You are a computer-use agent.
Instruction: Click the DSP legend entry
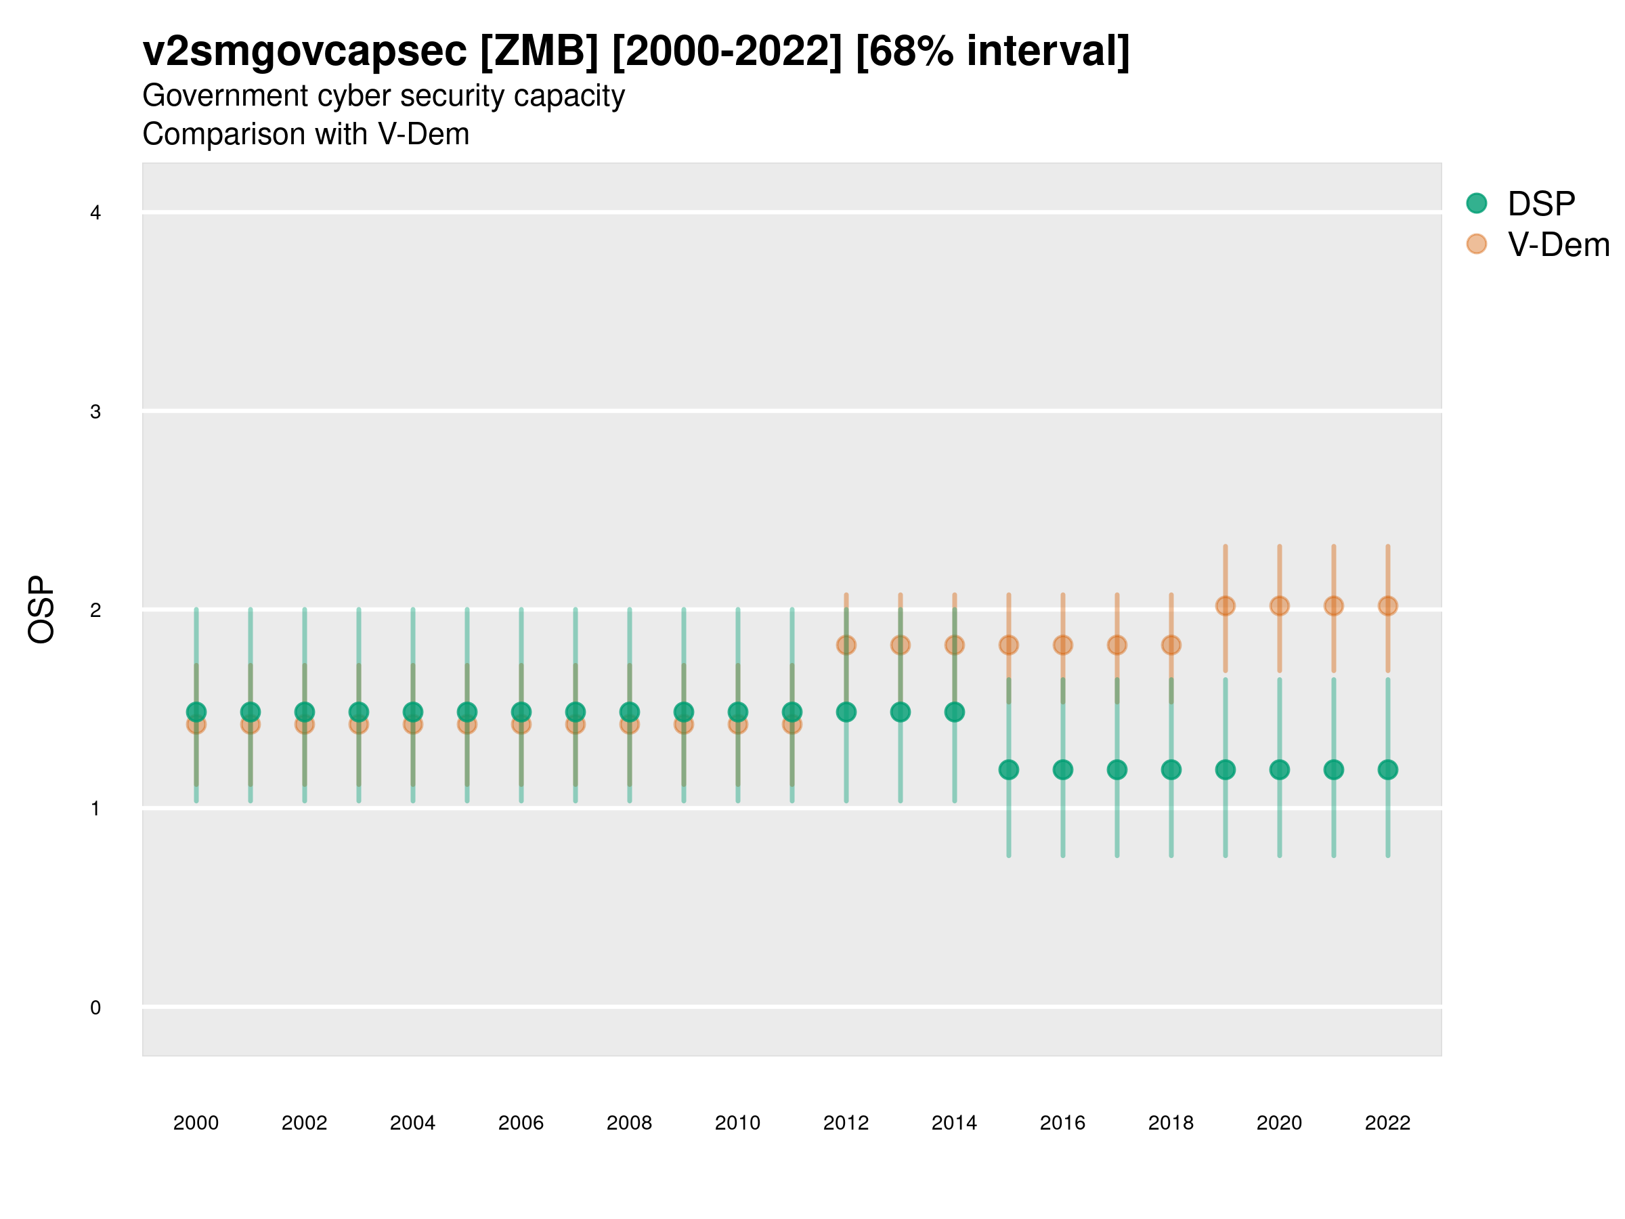tap(1540, 204)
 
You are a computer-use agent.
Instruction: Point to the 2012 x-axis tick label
tap(846, 1123)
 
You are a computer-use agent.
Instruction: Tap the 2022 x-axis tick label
tap(1387, 1123)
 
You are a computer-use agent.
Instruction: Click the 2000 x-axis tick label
tap(196, 1123)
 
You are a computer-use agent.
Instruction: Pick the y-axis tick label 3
tap(95, 412)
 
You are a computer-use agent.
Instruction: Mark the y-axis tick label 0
tap(95, 1008)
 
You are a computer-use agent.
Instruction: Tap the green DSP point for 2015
tap(1009, 769)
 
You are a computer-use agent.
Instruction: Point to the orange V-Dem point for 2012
tap(846, 645)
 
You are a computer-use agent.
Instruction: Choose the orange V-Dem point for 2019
tap(1226, 605)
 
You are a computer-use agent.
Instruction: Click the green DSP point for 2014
tap(954, 711)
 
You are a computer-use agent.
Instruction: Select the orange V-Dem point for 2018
tap(1171, 645)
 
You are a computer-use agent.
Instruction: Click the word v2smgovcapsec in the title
tap(304, 51)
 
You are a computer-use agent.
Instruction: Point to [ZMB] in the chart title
tap(539, 51)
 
